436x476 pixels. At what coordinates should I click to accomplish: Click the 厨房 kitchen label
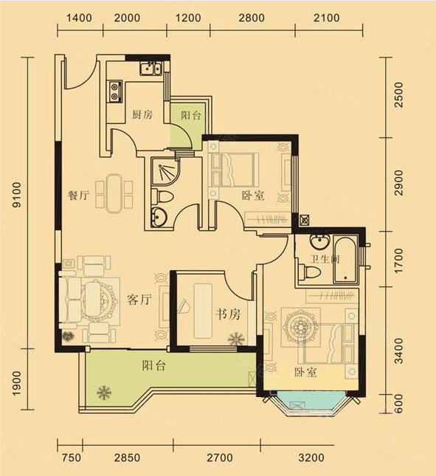142,114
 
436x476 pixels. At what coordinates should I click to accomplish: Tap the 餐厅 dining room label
78,195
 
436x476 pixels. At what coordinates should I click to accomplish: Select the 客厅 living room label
139,300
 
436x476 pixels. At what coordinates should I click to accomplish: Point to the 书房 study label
228,314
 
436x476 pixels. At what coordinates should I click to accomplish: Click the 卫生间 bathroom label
325,259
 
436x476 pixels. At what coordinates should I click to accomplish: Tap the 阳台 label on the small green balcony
191,115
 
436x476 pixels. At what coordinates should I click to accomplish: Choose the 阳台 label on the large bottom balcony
154,365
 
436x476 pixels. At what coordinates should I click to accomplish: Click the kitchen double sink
150,69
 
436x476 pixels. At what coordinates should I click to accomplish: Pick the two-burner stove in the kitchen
114,92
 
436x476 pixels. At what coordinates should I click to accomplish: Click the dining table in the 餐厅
114,193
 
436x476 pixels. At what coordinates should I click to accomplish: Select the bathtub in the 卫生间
345,260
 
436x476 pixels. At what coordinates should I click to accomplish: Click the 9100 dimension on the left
18,195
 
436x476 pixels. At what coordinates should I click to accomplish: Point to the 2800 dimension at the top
252,18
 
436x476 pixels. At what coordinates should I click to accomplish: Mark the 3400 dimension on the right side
399,351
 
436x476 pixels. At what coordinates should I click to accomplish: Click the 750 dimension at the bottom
71,458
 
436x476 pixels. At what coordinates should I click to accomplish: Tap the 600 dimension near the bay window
399,404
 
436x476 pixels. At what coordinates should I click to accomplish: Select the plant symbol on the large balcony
104,393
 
